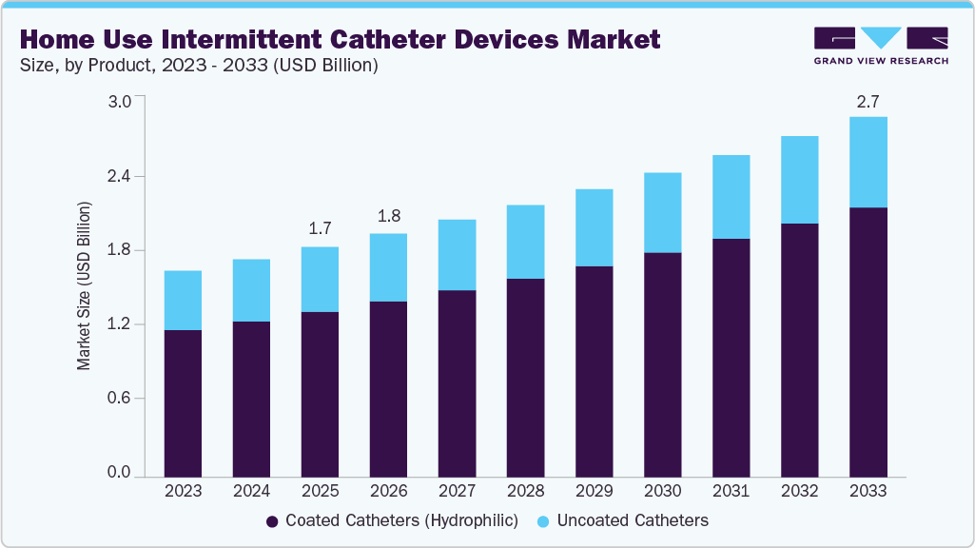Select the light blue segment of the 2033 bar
pyautogui.click(x=868, y=162)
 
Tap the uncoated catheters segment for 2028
pyautogui.click(x=525, y=242)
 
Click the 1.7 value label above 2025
pyautogui.click(x=320, y=229)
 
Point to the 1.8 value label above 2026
pyautogui.click(x=388, y=216)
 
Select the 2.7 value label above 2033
pyautogui.click(x=868, y=99)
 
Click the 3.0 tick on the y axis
pyautogui.click(x=120, y=102)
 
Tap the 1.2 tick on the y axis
pyautogui.click(x=120, y=324)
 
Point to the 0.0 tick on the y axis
pyautogui.click(x=120, y=473)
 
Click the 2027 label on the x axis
pyautogui.click(x=457, y=492)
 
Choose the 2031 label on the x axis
pyautogui.click(x=731, y=492)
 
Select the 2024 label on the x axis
pyautogui.click(x=251, y=492)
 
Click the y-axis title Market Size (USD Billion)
pyautogui.click(x=85, y=285)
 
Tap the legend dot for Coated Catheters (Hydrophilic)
pyautogui.click(x=272, y=521)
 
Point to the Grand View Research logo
pyautogui.click(x=881, y=45)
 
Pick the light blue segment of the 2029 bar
pyautogui.click(x=594, y=227)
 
